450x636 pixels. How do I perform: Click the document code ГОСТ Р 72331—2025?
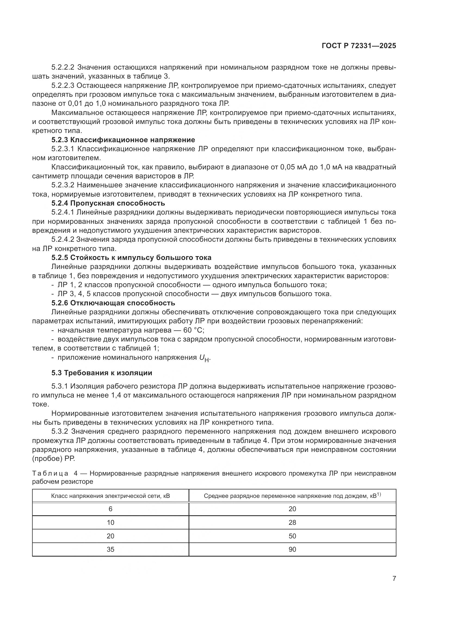[359, 46]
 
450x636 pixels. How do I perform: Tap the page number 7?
[394, 578]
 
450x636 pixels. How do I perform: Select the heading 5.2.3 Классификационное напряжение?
[123, 139]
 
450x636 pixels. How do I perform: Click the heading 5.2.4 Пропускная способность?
[108, 203]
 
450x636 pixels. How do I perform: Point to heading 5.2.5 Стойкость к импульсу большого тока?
[131, 257]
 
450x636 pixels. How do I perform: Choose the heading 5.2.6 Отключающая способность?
[113, 303]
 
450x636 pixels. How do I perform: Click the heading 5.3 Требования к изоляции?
[102, 373]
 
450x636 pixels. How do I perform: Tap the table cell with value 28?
[292, 522]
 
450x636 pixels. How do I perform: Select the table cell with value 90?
[292, 550]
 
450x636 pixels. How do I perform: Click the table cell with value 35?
[110, 550]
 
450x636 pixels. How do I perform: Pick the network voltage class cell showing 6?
[110, 509]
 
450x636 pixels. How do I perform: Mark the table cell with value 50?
[292, 536]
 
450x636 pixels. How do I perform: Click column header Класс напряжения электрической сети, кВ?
[110, 496]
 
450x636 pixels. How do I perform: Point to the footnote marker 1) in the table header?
[379, 494]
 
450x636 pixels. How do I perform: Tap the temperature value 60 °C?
[193, 330]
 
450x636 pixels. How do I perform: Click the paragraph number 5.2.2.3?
[63, 86]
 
